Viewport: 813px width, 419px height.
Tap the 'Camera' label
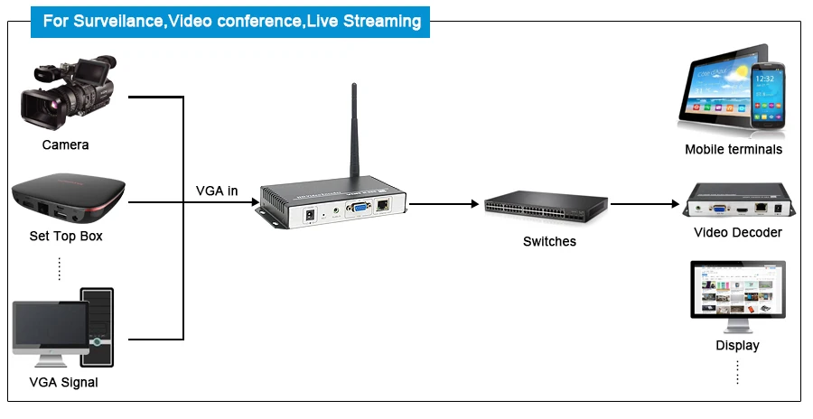click(x=65, y=144)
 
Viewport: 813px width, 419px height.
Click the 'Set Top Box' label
click(x=66, y=237)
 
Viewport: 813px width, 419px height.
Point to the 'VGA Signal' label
click(x=63, y=382)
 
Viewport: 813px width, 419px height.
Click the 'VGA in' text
click(x=217, y=191)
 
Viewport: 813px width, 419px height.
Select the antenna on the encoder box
click(x=353, y=135)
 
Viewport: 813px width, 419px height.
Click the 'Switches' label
click(x=549, y=241)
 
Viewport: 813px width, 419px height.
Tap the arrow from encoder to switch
click(x=444, y=204)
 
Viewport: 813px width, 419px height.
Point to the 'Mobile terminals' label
click(x=733, y=150)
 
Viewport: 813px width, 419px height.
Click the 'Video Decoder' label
click(x=737, y=232)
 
